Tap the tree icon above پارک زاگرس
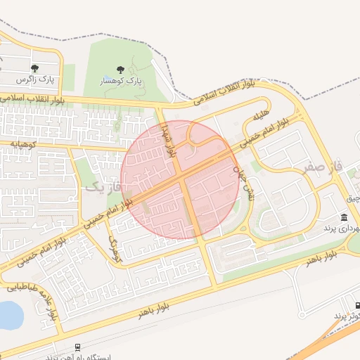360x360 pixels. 34,68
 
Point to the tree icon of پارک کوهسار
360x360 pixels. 120,70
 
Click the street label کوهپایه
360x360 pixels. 25,143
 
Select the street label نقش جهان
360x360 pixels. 248,183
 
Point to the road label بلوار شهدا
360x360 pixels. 168,131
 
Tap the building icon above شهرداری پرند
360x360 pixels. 344,217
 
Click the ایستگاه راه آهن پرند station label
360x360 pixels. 77,357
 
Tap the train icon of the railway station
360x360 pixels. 77,347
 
